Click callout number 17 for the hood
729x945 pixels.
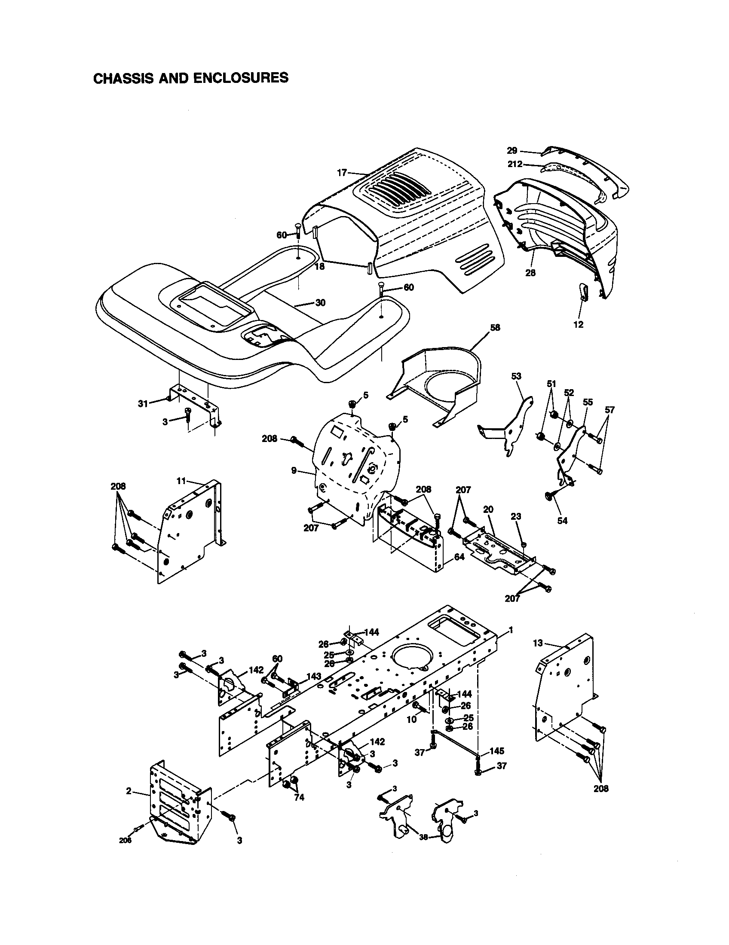(x=342, y=173)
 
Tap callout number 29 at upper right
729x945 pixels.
(x=512, y=151)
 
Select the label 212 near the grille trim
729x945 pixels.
(x=515, y=164)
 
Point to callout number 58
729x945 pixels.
(x=495, y=328)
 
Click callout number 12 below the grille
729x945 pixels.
(x=578, y=324)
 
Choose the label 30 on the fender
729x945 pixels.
(x=320, y=302)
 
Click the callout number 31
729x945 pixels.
(x=143, y=403)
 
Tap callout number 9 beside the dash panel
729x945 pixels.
(x=294, y=470)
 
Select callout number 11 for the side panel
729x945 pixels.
(x=181, y=481)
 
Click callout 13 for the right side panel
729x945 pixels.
(x=538, y=643)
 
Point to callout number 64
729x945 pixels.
(x=459, y=557)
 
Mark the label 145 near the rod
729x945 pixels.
(x=496, y=751)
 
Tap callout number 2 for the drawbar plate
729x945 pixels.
(x=129, y=791)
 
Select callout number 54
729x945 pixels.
(x=562, y=521)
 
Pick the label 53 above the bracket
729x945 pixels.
(x=516, y=376)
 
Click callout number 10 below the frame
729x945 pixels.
(x=411, y=719)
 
